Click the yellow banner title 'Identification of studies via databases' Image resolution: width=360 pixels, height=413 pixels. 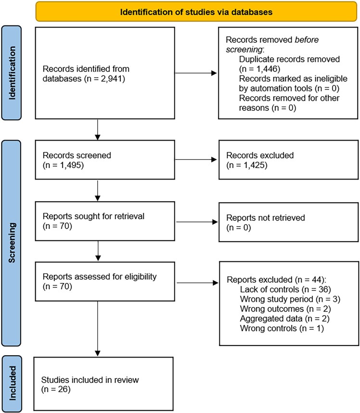[x=196, y=12]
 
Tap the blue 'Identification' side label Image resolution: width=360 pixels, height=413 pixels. [x=12, y=73]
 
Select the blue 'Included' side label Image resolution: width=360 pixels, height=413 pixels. [x=13, y=383]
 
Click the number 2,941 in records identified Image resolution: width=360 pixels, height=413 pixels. [x=111, y=79]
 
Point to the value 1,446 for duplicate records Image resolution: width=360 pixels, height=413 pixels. [x=266, y=69]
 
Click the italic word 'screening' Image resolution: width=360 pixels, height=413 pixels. [x=244, y=50]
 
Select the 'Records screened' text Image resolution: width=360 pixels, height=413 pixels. [x=77, y=155]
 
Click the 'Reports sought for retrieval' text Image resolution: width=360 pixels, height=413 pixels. [x=93, y=216]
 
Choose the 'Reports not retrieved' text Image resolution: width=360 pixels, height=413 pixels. [x=266, y=218]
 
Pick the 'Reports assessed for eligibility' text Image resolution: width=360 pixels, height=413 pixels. [x=100, y=277]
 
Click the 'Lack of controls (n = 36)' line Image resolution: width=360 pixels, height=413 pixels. [x=285, y=289]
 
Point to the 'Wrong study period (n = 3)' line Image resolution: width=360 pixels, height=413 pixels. [x=290, y=299]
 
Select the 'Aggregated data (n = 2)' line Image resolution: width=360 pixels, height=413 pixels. [x=285, y=319]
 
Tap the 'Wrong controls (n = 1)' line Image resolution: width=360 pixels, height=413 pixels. [x=282, y=328]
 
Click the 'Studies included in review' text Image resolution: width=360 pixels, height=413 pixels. [x=90, y=380]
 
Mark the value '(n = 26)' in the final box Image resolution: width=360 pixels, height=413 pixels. [x=56, y=389]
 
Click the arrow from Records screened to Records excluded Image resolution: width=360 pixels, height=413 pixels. [x=196, y=159]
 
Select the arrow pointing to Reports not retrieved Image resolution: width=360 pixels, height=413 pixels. [x=197, y=222]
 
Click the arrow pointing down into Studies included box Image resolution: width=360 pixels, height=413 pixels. [x=97, y=329]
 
